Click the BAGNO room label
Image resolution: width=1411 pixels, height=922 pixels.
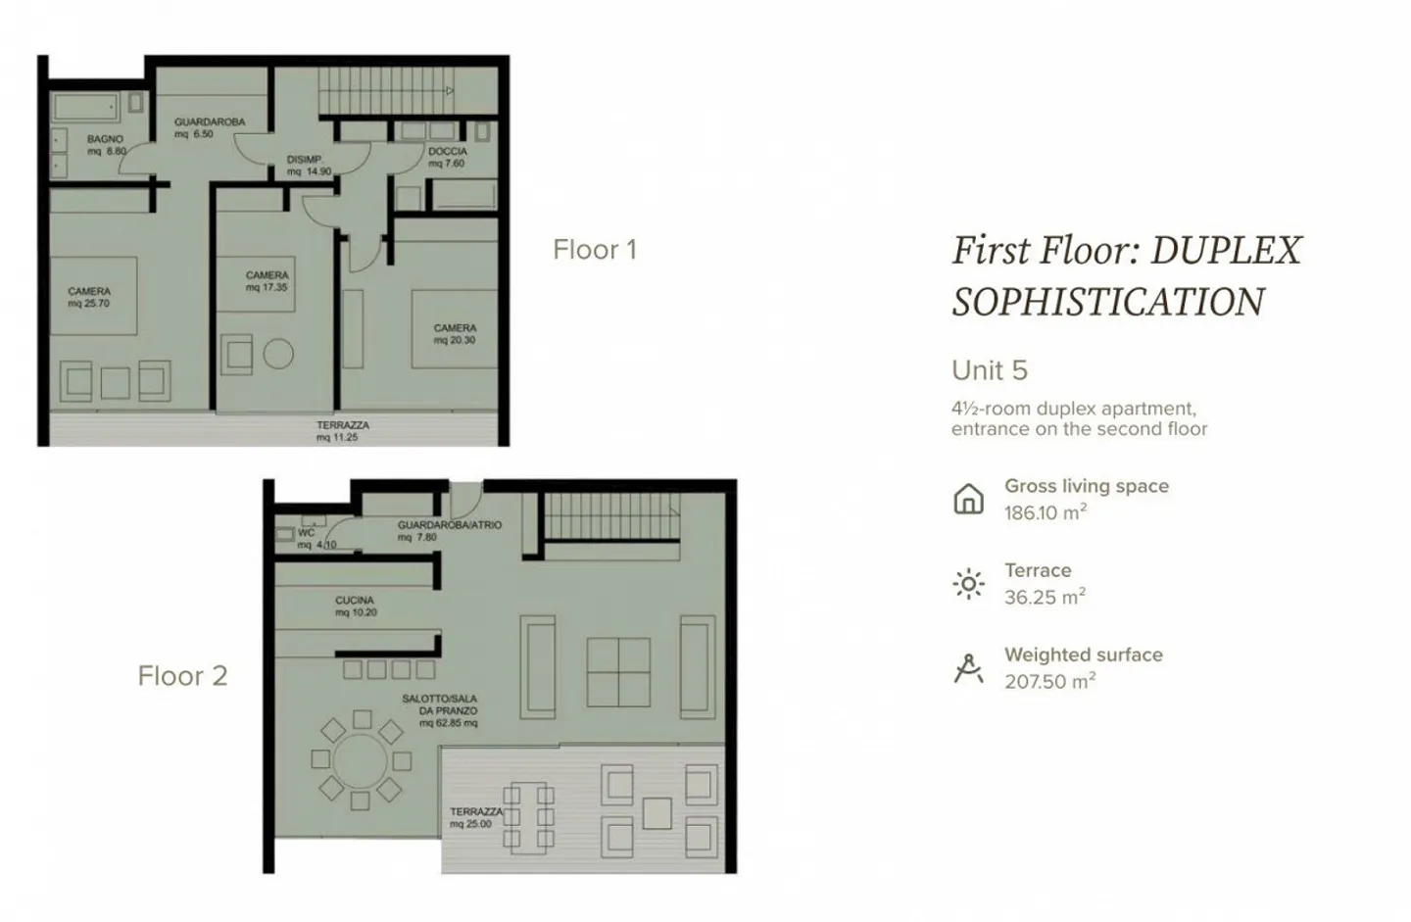[106, 145]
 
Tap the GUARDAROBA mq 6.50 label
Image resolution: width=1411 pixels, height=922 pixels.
[209, 127]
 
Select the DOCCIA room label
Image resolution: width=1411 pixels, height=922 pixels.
[447, 158]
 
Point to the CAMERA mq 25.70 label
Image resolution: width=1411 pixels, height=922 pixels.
[89, 297]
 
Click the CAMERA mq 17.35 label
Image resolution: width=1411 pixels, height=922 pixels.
[267, 281]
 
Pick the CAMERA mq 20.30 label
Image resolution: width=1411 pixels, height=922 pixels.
[455, 334]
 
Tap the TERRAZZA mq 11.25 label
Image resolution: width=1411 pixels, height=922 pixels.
[342, 431]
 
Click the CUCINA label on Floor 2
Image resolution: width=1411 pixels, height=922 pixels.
[356, 606]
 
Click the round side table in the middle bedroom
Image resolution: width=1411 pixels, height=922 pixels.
[278, 354]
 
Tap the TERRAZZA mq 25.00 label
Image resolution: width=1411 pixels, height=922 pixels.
[476, 817]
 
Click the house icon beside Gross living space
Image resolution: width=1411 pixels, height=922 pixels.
[968, 499]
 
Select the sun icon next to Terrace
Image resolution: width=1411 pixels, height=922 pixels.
[968, 584]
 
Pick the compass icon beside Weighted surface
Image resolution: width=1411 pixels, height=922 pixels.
[968, 668]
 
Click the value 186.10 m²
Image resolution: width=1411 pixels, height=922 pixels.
[1045, 512]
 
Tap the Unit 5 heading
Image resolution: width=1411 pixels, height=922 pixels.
[989, 370]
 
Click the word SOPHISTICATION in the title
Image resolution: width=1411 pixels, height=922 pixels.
[1107, 302]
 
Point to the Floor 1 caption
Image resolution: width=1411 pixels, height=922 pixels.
[595, 250]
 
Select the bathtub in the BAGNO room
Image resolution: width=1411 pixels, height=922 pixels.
[85, 108]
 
